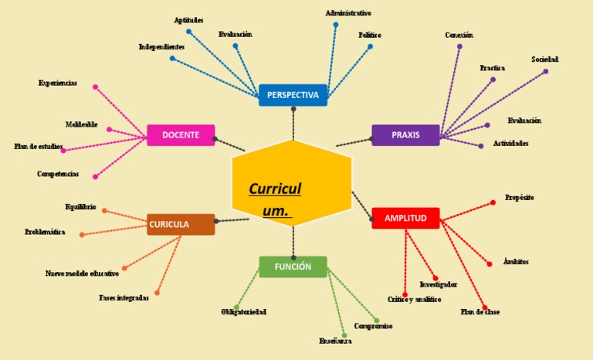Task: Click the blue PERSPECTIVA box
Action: coord(293,95)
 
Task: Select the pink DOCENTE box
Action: coord(181,135)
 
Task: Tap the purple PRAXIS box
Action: coord(405,135)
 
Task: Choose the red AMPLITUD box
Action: coord(405,219)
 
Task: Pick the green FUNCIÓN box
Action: coord(293,267)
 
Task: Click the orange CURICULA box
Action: coord(181,225)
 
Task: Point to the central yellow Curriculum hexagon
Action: coord(292,184)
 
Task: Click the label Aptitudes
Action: coord(188,20)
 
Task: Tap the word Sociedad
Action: coord(544,59)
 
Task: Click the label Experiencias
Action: coord(58,83)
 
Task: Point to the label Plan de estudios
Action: coord(39,146)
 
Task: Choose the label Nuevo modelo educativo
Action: coord(82,273)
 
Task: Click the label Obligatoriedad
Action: coord(244,312)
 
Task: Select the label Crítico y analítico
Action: coord(415,299)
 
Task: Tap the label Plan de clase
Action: coord(480,312)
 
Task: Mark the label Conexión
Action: coord(459,36)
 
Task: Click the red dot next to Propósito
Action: coord(493,202)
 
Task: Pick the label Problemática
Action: coord(45,232)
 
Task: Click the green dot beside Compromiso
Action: coord(377,320)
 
